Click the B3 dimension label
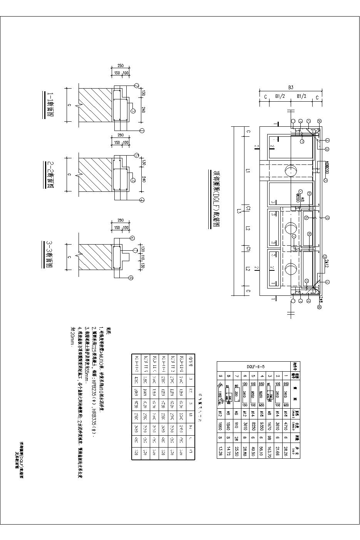tap(291, 88)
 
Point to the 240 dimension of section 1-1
tap(142, 109)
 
